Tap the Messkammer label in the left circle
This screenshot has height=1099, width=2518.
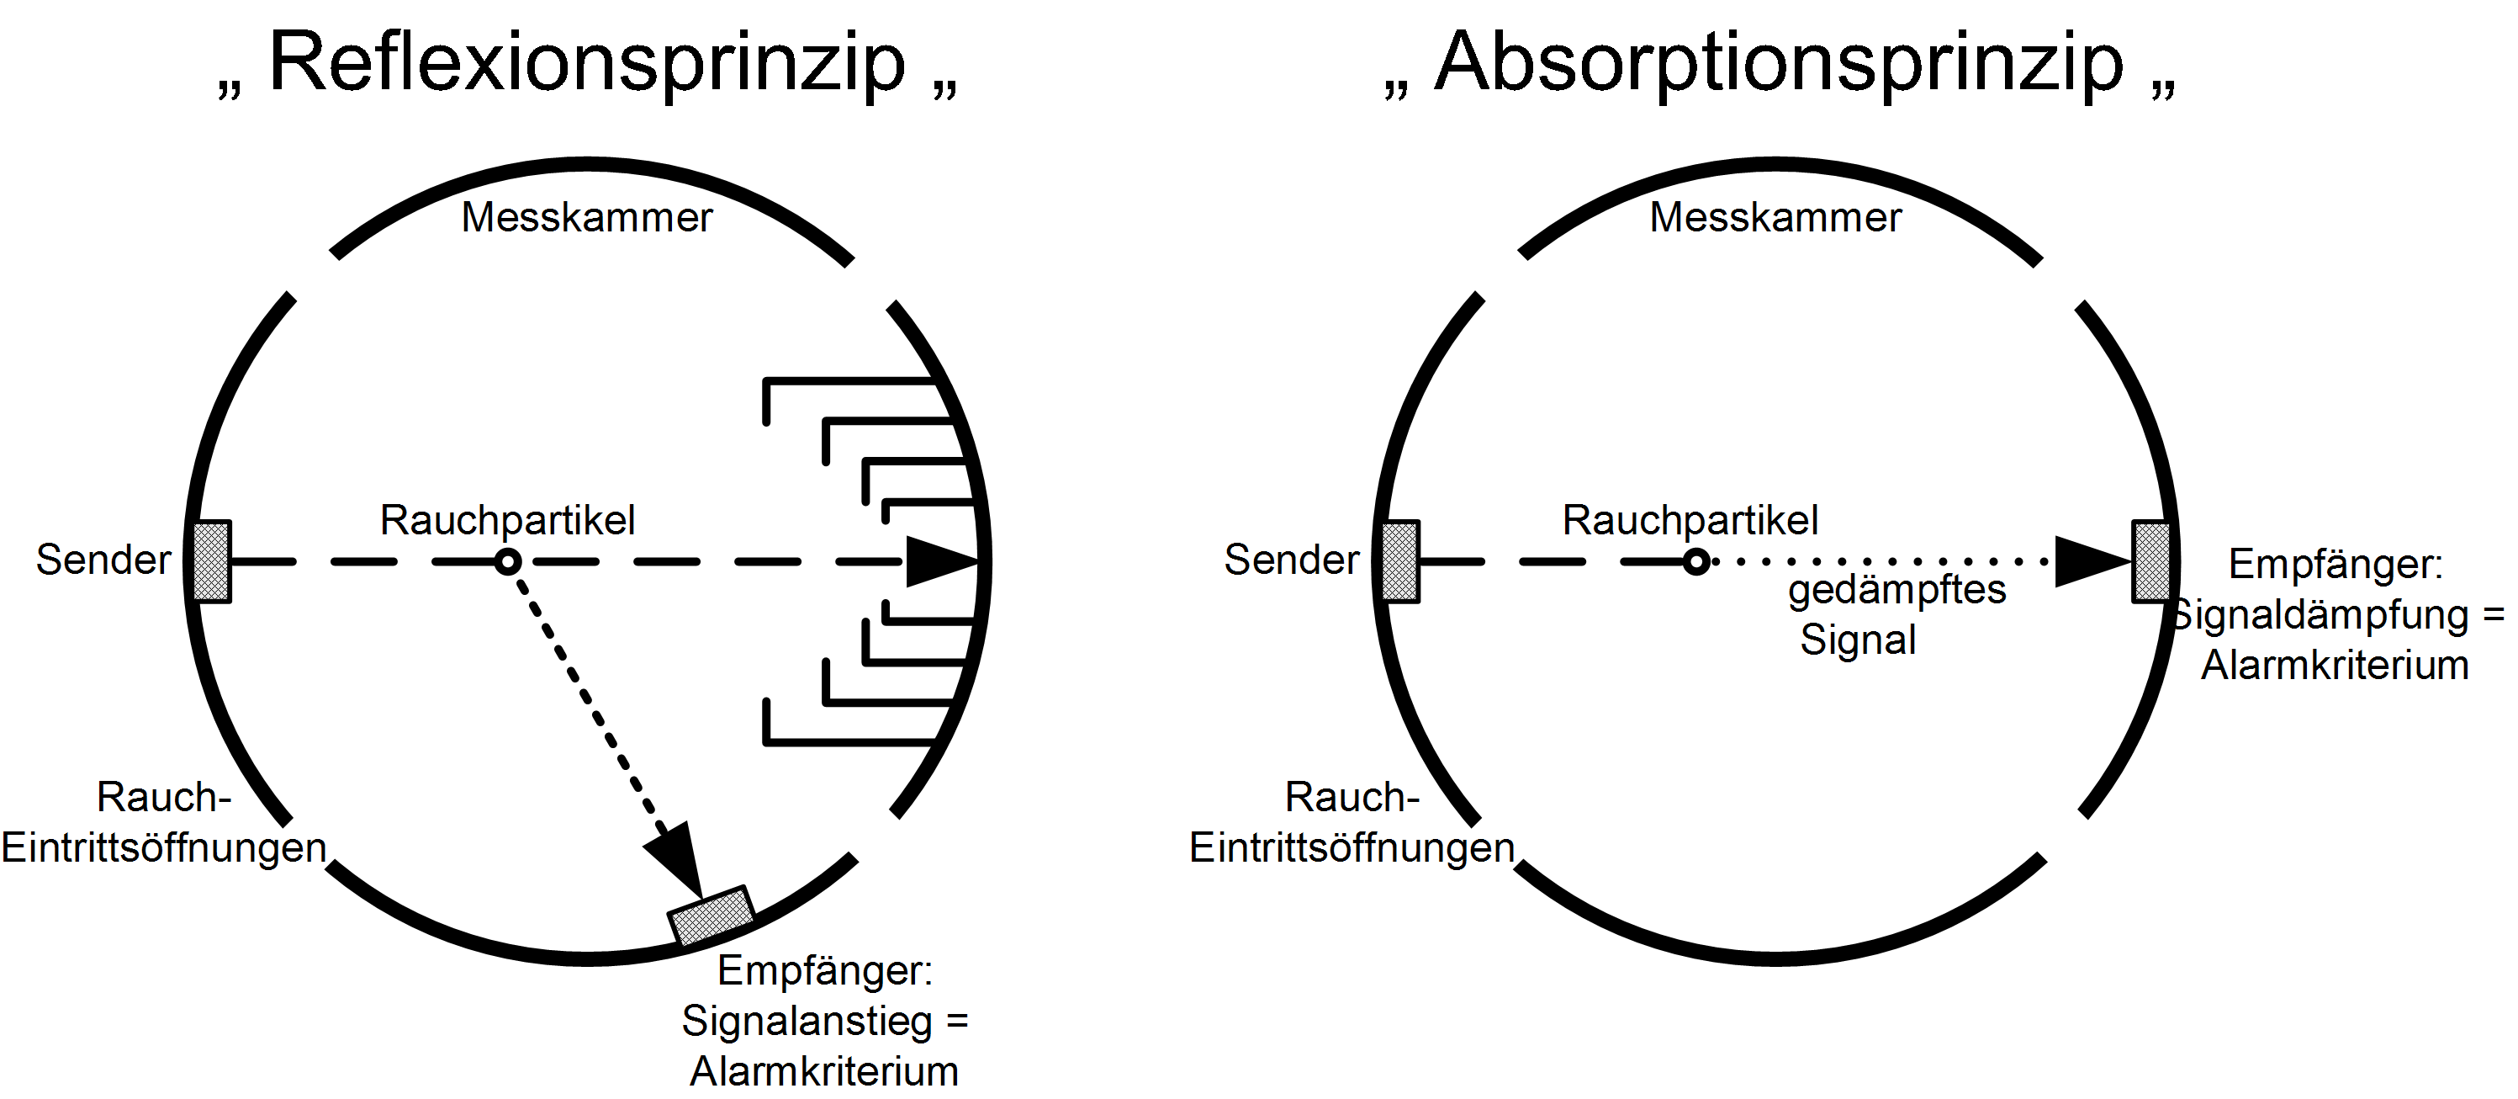tap(586, 217)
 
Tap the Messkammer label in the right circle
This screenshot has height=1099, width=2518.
tap(1775, 217)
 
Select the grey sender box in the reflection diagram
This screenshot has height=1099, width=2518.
tap(211, 561)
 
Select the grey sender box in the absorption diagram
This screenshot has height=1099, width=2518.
tap(1399, 561)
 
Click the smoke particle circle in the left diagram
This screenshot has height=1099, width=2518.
tap(507, 561)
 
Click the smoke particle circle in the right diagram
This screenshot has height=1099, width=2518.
tap(1696, 561)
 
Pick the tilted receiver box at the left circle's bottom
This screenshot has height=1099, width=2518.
tap(711, 916)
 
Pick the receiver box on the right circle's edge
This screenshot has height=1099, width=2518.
tap(2150, 561)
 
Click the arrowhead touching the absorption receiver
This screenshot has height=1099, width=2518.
tap(2092, 561)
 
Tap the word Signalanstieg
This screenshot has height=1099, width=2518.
tap(807, 1022)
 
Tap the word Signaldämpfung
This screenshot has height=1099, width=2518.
tap(2330, 615)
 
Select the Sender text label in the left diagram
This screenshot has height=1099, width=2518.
tap(103, 560)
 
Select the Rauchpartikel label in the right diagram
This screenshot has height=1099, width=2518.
tap(1690, 520)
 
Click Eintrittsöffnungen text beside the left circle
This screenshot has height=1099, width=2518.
tap(163, 847)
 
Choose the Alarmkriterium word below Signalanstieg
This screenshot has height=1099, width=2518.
tap(824, 1071)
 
